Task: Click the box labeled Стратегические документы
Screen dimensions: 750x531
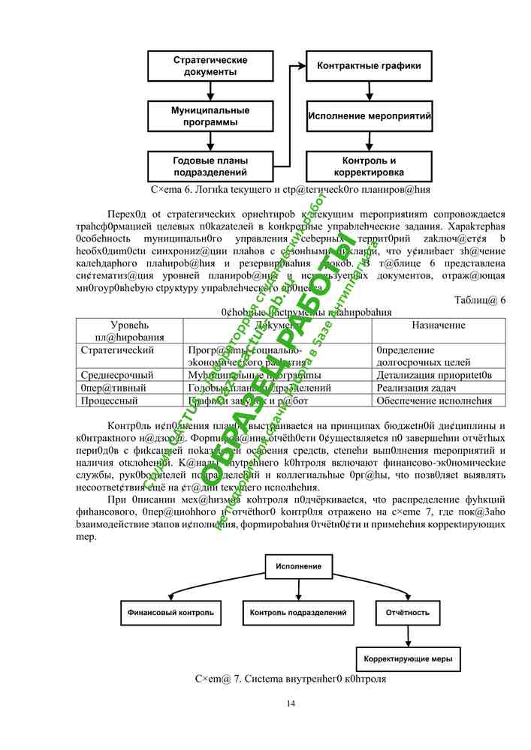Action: pos(210,66)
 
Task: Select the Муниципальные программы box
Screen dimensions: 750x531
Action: pos(210,115)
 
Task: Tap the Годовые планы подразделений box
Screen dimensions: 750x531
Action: pos(210,166)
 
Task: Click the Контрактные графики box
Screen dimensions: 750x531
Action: pos(370,66)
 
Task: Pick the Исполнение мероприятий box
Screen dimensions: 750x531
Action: pos(370,116)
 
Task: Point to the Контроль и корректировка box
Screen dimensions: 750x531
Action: pos(370,166)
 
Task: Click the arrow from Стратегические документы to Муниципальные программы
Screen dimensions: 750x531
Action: pos(210,91)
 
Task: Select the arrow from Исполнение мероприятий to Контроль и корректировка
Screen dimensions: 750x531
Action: pos(370,141)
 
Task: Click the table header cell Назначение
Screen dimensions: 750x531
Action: pos(439,325)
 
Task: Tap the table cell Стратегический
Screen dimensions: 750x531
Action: pos(117,350)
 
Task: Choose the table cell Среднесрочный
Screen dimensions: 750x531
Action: pos(116,374)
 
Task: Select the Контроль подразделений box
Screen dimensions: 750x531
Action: pos(298,613)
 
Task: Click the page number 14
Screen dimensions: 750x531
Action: pos(291,703)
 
